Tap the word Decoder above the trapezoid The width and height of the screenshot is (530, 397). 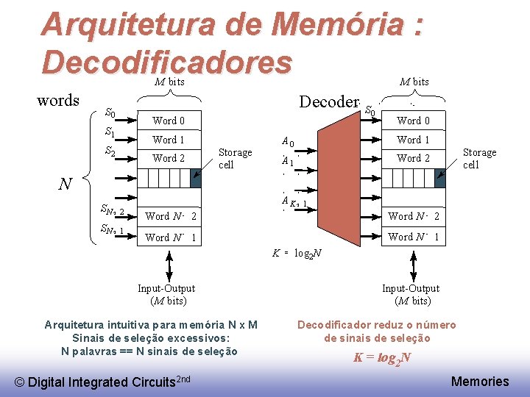click(x=328, y=102)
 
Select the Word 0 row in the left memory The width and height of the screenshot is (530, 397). click(x=169, y=121)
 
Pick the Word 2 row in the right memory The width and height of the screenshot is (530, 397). click(x=413, y=158)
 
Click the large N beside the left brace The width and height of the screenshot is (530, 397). click(x=65, y=185)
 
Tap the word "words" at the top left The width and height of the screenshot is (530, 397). click(x=58, y=101)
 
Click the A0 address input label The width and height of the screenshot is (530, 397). click(x=288, y=142)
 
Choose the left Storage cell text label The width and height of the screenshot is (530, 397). click(x=235, y=158)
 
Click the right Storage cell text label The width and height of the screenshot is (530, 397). click(x=479, y=158)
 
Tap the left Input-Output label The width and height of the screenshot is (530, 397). click(x=166, y=294)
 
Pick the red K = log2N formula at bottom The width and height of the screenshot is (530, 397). click(x=382, y=359)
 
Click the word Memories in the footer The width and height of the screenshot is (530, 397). click(x=479, y=381)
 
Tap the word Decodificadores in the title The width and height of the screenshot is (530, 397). click(x=167, y=62)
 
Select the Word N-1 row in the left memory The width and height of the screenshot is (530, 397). click(x=171, y=237)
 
